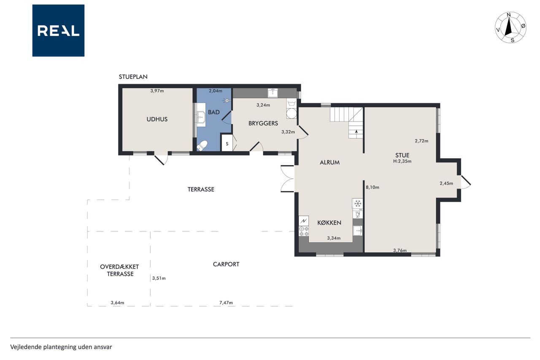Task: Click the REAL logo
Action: [x=58, y=31]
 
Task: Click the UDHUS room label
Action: [x=157, y=119]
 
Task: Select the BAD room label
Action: [x=214, y=112]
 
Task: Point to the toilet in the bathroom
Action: [x=202, y=146]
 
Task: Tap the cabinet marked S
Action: [x=227, y=144]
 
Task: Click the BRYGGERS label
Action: [x=263, y=123]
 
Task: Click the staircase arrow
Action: [x=356, y=131]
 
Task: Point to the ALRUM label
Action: [x=329, y=162]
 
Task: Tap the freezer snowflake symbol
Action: [x=358, y=203]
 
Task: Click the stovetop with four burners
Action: [x=304, y=231]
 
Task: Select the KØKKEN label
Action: [x=329, y=223]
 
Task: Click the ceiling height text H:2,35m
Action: [x=402, y=161]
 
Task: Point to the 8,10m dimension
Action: [x=373, y=187]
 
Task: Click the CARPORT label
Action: [x=226, y=264]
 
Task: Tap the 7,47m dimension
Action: [x=226, y=303]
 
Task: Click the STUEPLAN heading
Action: [x=133, y=77]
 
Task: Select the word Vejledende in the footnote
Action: [x=26, y=347]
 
